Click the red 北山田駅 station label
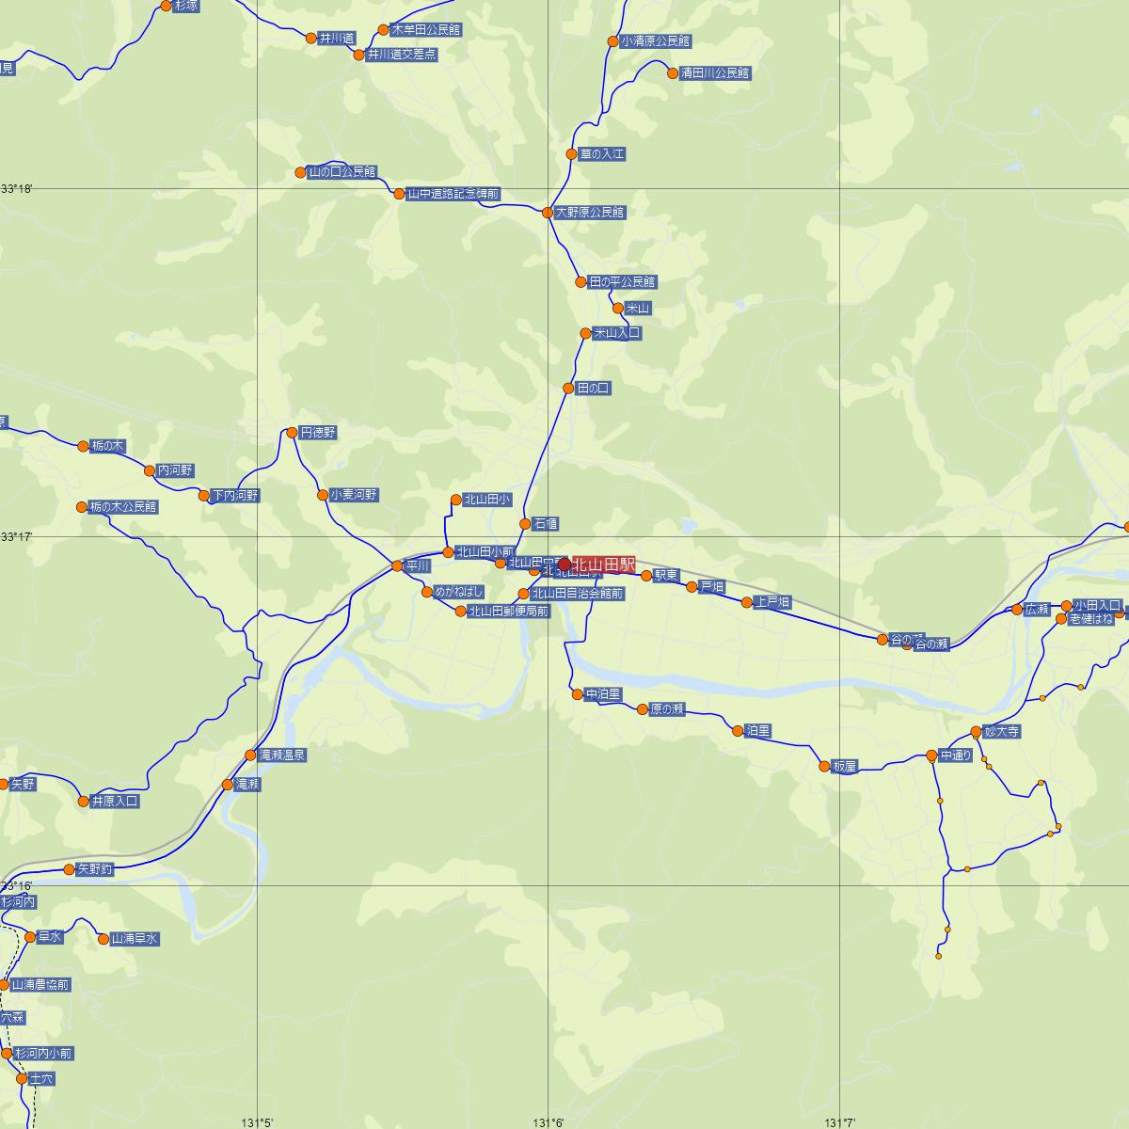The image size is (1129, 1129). click(603, 564)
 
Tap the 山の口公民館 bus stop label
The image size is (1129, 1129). click(342, 172)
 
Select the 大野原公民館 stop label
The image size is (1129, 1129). click(590, 213)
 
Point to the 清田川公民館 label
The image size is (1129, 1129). click(715, 72)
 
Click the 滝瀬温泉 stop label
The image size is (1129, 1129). click(282, 755)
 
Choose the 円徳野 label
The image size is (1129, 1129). click(317, 433)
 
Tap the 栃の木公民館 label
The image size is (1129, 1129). click(123, 507)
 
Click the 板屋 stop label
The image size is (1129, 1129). click(845, 767)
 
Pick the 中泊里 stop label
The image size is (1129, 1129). click(603, 694)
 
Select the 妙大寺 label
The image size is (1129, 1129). click(1001, 731)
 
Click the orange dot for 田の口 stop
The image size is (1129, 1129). click(568, 389)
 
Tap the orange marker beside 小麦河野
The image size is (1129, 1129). click(323, 495)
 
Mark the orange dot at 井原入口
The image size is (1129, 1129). click(84, 802)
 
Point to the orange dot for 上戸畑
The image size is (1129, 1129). click(746, 602)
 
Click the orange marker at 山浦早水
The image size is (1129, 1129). click(103, 938)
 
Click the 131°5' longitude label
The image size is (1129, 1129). click(257, 1122)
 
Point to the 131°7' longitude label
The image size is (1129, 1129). click(839, 1122)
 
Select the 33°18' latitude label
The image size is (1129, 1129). click(17, 189)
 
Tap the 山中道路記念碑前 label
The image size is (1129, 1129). click(453, 195)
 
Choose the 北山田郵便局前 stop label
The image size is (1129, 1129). click(509, 612)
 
